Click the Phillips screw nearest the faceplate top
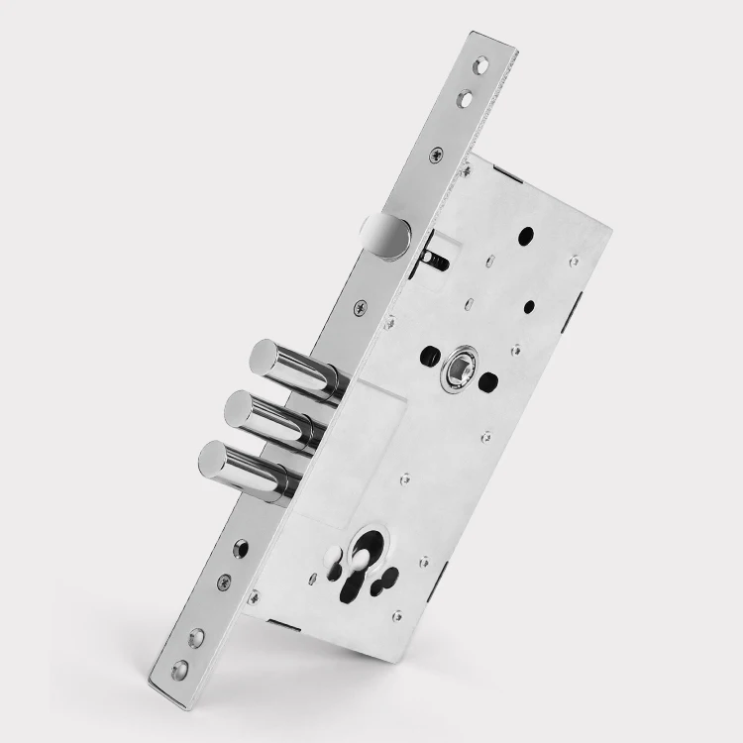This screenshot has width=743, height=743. [435, 155]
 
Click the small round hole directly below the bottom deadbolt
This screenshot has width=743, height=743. [241, 544]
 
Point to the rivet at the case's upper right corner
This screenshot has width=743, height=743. [575, 262]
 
